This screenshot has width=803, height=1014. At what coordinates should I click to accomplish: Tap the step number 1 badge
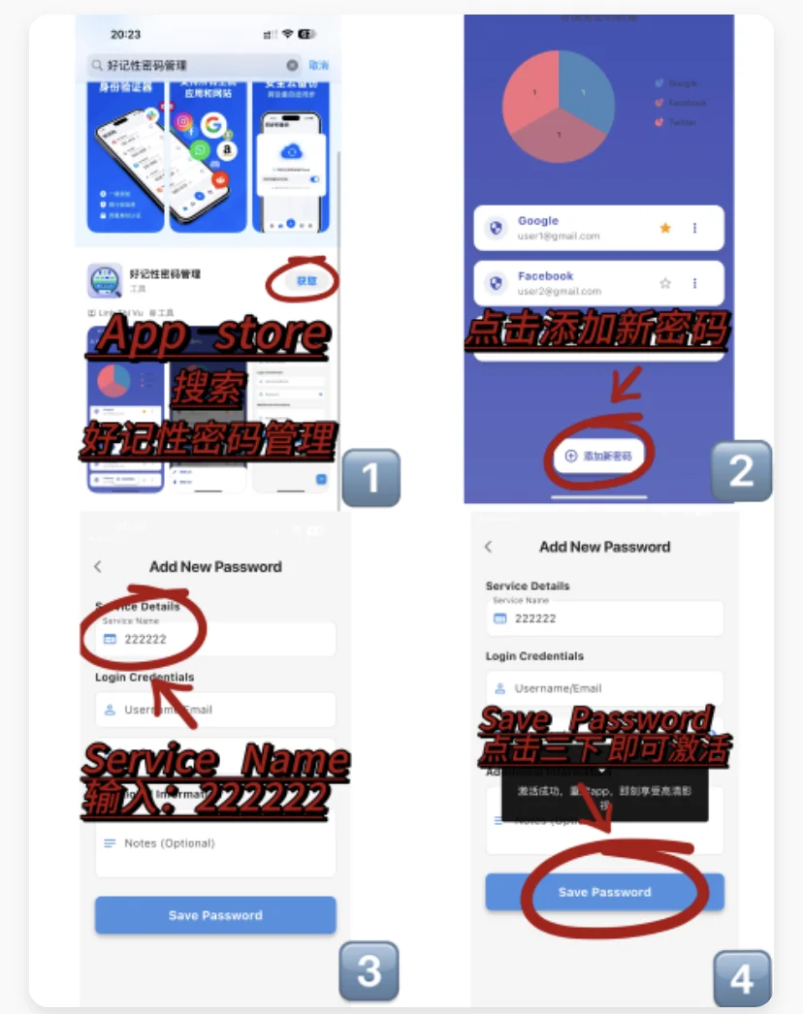click(369, 477)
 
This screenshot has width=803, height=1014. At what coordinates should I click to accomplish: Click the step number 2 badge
click(741, 471)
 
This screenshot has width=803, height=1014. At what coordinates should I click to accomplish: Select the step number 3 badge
click(369, 971)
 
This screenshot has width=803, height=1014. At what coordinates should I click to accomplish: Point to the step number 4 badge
click(742, 979)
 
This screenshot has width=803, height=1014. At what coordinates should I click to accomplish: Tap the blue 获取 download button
click(305, 281)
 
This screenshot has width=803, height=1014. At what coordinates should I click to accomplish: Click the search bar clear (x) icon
click(292, 65)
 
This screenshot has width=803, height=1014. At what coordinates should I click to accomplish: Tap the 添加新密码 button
click(599, 456)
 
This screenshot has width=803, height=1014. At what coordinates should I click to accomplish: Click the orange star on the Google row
click(665, 229)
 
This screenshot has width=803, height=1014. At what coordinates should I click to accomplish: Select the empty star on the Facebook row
click(665, 284)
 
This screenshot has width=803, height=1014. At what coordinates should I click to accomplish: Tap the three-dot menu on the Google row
click(694, 229)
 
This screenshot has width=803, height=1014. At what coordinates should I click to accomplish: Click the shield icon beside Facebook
click(497, 284)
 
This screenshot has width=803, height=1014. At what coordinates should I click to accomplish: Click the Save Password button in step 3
click(215, 915)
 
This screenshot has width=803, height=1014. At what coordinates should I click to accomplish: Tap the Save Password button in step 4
click(604, 892)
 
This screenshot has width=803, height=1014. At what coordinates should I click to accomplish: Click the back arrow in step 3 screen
click(98, 566)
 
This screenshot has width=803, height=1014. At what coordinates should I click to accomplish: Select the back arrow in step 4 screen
click(488, 547)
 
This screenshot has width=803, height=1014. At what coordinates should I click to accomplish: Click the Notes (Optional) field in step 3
click(215, 843)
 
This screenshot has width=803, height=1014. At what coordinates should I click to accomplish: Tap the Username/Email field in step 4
click(604, 688)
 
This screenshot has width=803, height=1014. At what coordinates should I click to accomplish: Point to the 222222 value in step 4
click(535, 618)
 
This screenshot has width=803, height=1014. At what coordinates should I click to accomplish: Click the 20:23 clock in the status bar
click(125, 35)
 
